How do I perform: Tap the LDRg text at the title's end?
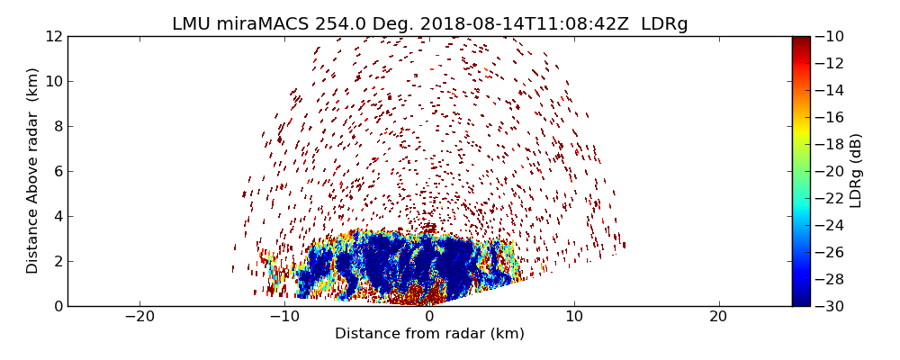click(x=664, y=24)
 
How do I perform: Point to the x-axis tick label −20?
click(x=139, y=317)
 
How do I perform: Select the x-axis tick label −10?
click(x=284, y=317)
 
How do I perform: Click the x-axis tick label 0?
click(x=429, y=317)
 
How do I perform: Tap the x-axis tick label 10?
click(x=574, y=317)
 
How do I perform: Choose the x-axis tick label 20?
click(x=718, y=317)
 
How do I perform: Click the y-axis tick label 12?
click(x=54, y=36)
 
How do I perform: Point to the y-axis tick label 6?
click(x=58, y=171)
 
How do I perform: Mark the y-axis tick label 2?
click(x=58, y=261)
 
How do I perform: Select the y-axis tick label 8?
click(x=58, y=126)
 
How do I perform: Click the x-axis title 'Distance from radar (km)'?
click(x=429, y=334)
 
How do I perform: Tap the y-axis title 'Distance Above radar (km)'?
click(x=33, y=170)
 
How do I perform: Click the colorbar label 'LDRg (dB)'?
click(x=856, y=170)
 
